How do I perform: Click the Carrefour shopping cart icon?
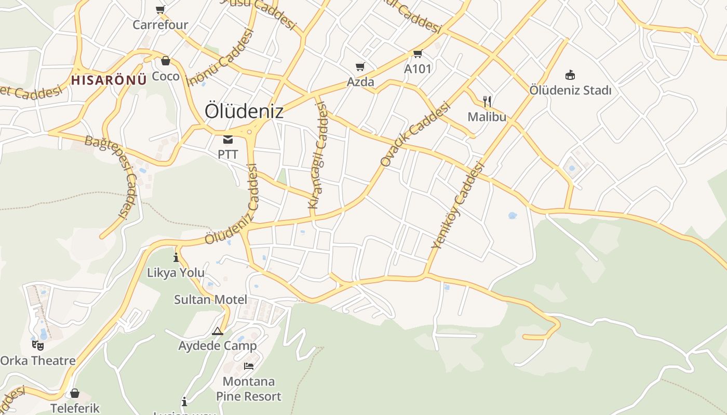tap(160, 9)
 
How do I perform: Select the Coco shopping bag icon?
tap(165, 61)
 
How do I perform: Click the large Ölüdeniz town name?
tap(244, 111)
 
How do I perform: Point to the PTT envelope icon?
tap(228, 139)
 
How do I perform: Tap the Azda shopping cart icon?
tap(360, 66)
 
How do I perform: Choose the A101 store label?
tap(418, 68)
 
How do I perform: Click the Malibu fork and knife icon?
tap(487, 101)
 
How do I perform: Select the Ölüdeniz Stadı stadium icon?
tap(570, 75)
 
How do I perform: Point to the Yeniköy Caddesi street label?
tap(457, 205)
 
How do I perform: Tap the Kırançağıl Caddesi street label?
tap(318, 156)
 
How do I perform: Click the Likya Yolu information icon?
tap(176, 257)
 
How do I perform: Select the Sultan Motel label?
tap(210, 299)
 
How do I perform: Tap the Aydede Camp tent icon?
tap(218, 331)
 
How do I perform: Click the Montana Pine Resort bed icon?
tap(249, 366)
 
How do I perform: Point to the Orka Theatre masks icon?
tap(38, 345)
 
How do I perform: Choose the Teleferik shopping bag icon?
tap(75, 393)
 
